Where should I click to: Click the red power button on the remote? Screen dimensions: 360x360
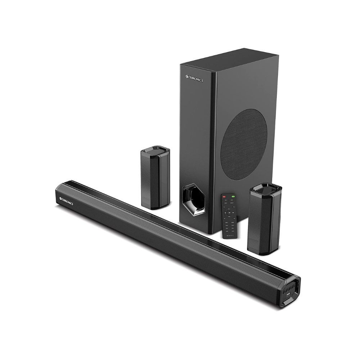[x=224, y=197]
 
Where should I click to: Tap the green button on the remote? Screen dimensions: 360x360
[x=233, y=197]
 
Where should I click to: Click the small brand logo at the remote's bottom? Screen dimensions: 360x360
[x=230, y=236]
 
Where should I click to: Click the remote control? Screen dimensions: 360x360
[x=229, y=216]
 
